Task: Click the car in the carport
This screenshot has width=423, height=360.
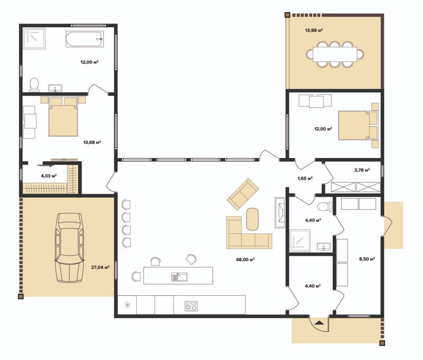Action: coord(69,248)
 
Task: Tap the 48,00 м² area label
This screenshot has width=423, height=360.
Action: coord(245,260)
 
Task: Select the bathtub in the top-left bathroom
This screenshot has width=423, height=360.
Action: coord(85,39)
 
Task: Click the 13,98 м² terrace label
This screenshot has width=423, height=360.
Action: coord(314,30)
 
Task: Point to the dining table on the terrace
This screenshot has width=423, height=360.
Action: coord(335,54)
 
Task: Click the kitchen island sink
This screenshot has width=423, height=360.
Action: coord(180,277)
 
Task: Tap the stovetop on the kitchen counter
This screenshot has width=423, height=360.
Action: coord(191,306)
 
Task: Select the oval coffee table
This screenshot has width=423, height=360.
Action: coord(253,219)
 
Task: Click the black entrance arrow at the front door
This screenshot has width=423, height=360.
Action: coord(319,322)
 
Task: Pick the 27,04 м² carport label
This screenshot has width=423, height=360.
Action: coord(100,268)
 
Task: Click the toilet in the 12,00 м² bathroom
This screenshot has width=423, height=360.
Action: coord(34,84)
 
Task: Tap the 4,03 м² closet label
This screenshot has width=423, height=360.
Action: coord(48,176)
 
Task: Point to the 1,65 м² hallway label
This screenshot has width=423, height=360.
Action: coord(305,178)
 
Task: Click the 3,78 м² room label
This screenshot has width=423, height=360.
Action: coord(362,170)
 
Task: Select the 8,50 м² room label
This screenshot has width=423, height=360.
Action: coord(367,259)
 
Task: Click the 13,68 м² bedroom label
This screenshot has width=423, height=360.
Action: coord(92,142)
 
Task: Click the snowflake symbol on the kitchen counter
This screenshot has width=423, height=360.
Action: coord(127,305)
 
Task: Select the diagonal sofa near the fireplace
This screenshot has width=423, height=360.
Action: coord(243,194)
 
